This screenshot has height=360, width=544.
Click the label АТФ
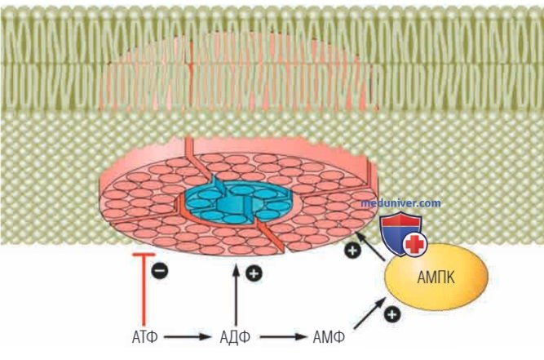pos(144,337)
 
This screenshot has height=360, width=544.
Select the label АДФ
pos(235,337)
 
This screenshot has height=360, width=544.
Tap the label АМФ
pos(329,337)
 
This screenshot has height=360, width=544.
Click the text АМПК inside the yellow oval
pos(436,278)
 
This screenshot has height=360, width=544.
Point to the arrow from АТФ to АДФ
pos(188,337)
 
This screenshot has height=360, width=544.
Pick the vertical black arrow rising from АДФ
pos(236,295)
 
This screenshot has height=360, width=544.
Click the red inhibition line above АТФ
pos(144,290)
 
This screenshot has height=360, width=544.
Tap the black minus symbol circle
pos(160,270)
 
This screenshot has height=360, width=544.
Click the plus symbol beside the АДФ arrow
pos(254,273)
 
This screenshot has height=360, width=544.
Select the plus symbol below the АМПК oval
pos(392,314)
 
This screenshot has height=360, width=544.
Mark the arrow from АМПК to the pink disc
pos(371,247)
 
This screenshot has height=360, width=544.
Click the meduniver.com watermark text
pos(400,202)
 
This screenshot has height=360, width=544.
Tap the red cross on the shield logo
pos(414,244)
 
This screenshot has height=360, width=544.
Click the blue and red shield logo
pos(402,234)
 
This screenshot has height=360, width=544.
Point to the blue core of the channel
pos(238,202)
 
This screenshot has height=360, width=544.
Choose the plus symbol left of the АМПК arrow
pos(352,250)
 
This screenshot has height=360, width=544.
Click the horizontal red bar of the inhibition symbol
pos(144,256)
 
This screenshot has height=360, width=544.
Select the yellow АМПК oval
pos(436,277)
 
